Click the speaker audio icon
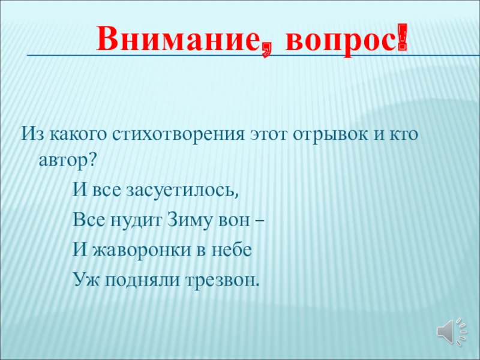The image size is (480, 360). [x=451, y=329]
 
